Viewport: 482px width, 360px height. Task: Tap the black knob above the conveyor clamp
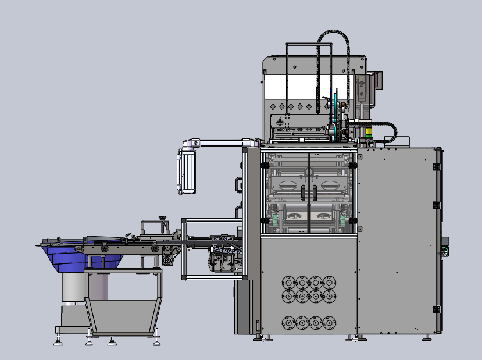point(163,219)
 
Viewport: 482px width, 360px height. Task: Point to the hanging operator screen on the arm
point(187,171)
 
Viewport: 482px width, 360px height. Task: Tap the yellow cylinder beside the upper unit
point(369,133)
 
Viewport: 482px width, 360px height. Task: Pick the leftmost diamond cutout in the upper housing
point(273,106)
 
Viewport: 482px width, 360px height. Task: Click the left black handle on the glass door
point(303,191)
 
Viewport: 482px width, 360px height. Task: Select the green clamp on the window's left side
point(272,220)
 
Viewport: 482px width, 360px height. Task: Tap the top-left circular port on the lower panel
point(287,283)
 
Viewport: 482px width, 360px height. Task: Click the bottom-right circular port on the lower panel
point(330,322)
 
